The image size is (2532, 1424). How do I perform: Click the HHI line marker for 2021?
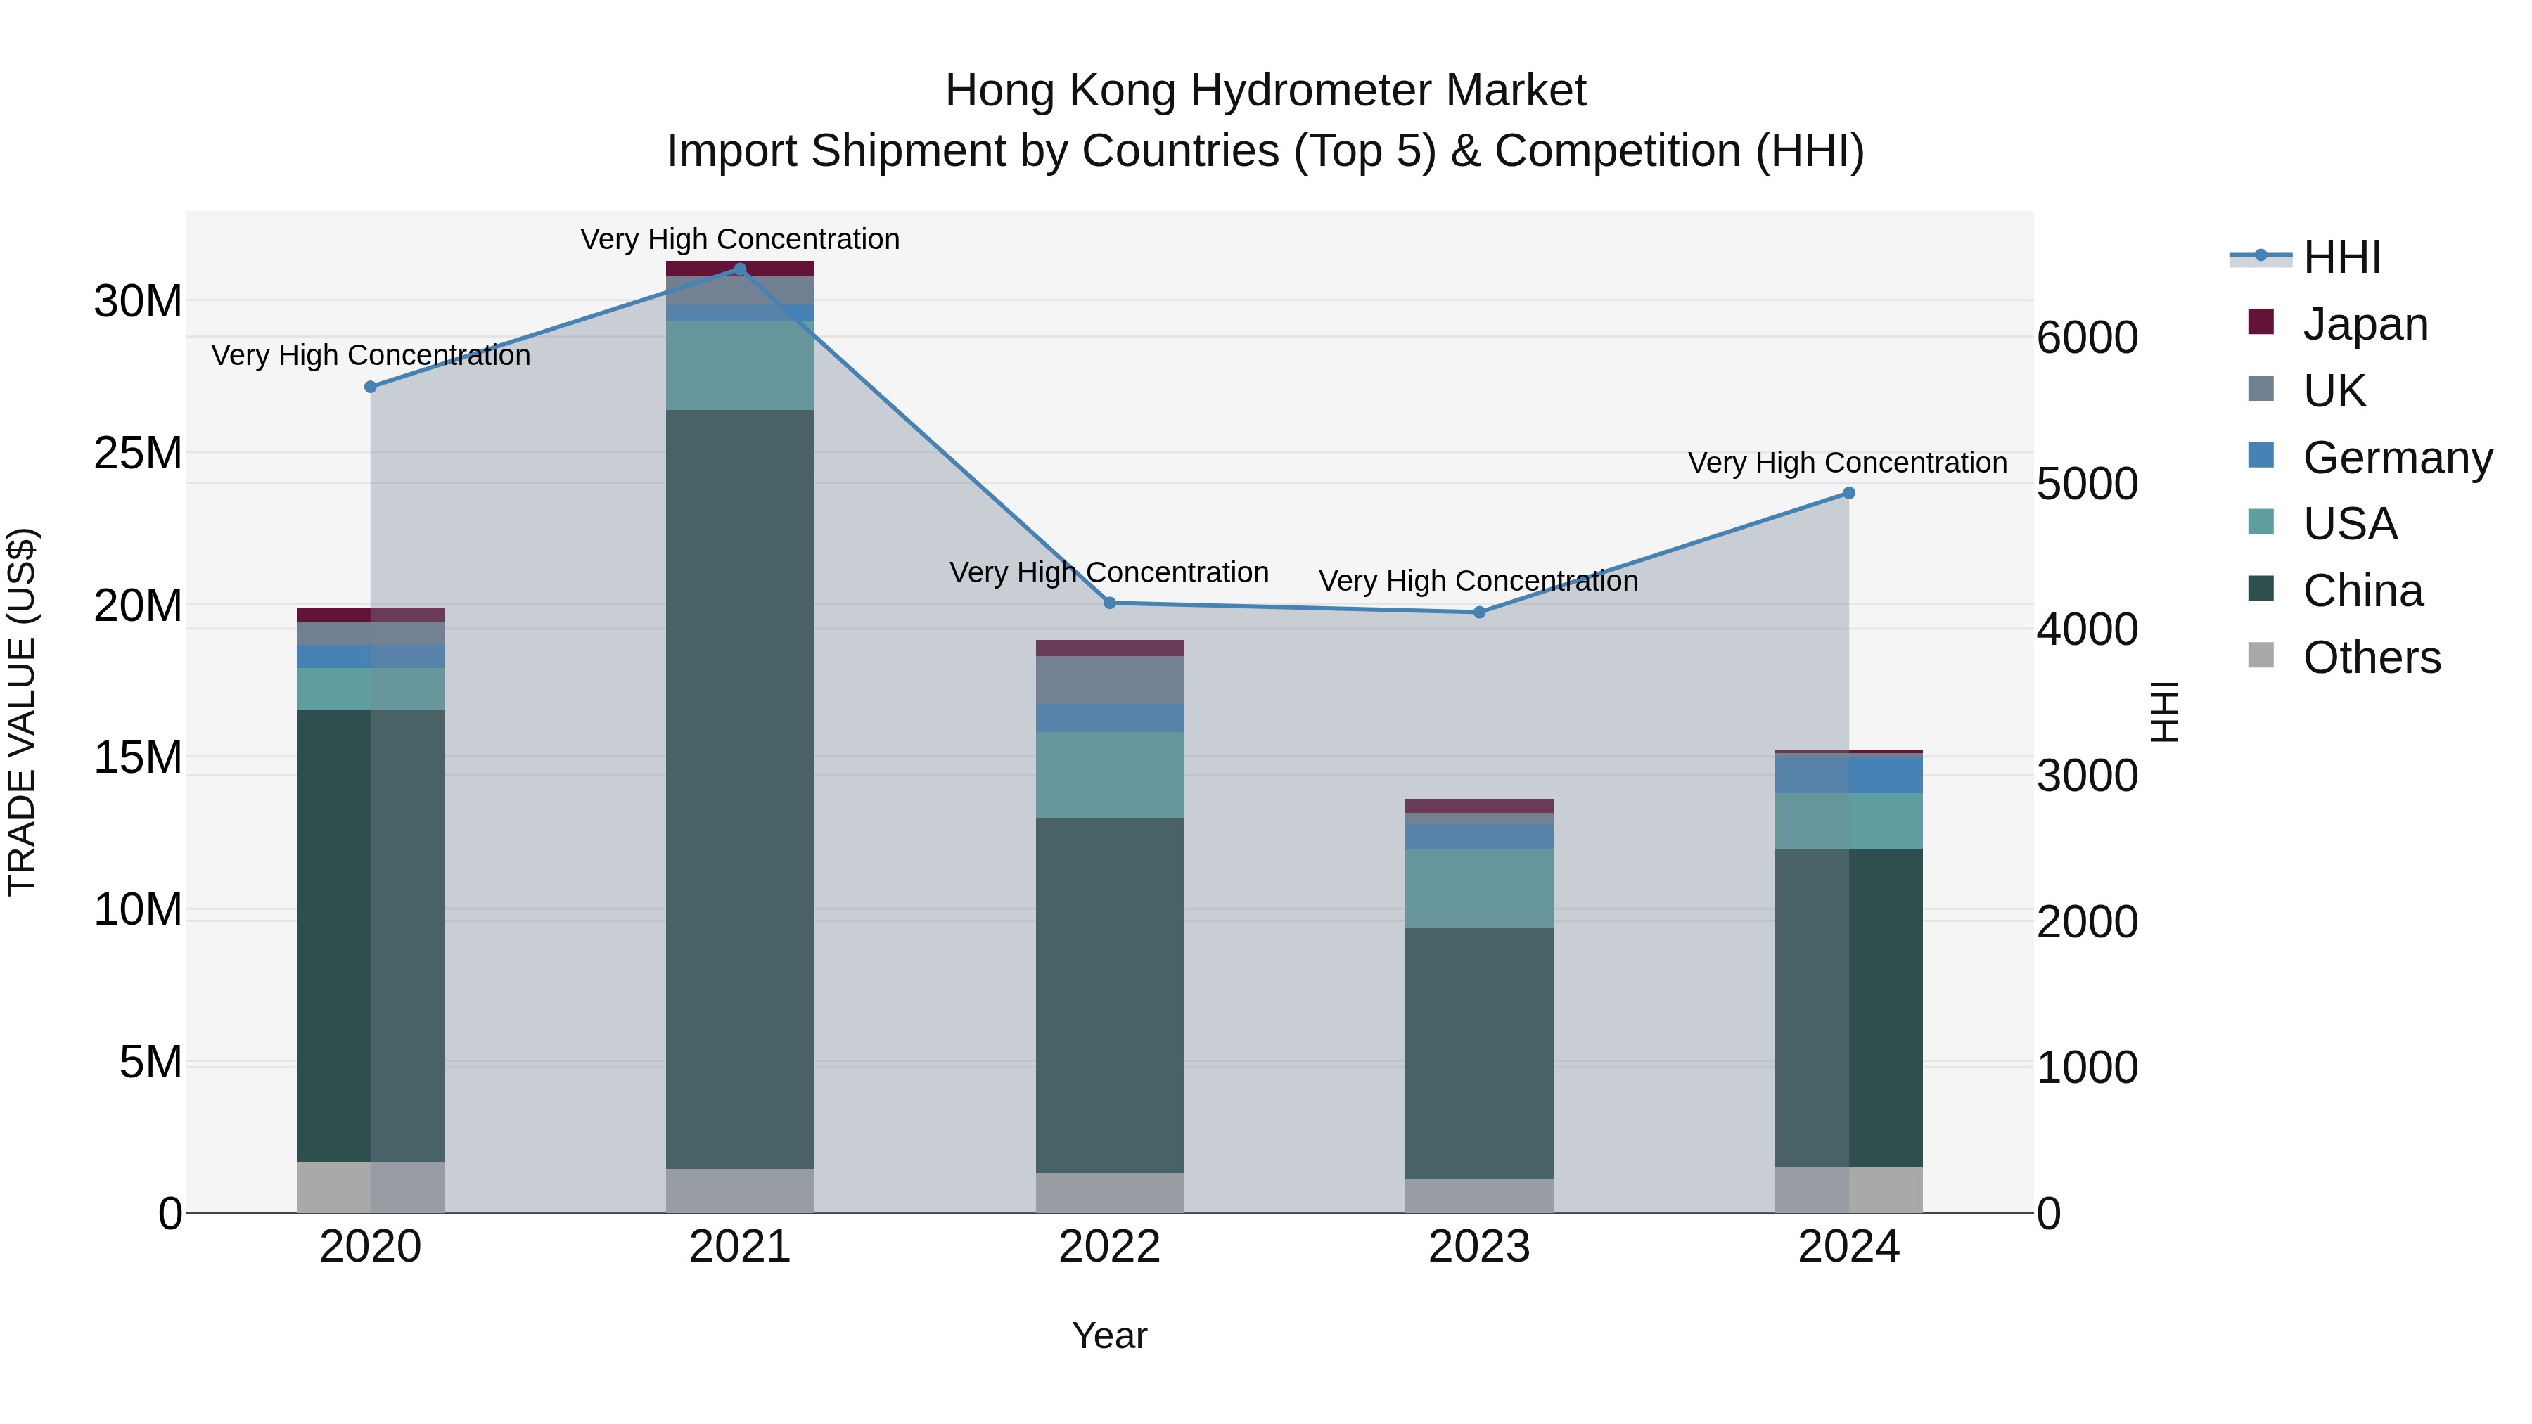coord(740,269)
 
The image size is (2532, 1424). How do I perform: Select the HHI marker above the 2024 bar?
coord(1848,494)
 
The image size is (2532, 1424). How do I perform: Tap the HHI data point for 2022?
coord(1110,603)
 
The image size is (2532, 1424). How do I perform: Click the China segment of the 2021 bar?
coord(740,786)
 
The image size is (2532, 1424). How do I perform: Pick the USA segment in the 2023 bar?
coord(1479,887)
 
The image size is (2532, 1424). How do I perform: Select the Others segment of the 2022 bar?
coord(1110,1192)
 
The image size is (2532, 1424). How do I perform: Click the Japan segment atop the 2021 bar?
coord(740,269)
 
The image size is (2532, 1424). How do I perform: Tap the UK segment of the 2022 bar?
coord(1110,679)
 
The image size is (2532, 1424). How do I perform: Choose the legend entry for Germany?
coord(2396,458)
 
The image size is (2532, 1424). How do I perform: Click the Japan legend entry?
coord(2364,324)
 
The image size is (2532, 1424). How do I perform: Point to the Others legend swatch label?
coord(2371,658)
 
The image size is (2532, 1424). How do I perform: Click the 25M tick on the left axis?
coord(138,453)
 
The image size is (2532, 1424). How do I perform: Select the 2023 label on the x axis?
coord(1479,1247)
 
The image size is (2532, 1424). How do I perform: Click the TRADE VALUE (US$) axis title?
coord(22,712)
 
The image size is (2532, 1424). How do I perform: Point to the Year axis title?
coord(1110,1335)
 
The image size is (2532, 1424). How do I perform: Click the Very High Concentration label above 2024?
coord(1847,463)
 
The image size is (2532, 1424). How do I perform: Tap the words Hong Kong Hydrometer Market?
coord(1265,91)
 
